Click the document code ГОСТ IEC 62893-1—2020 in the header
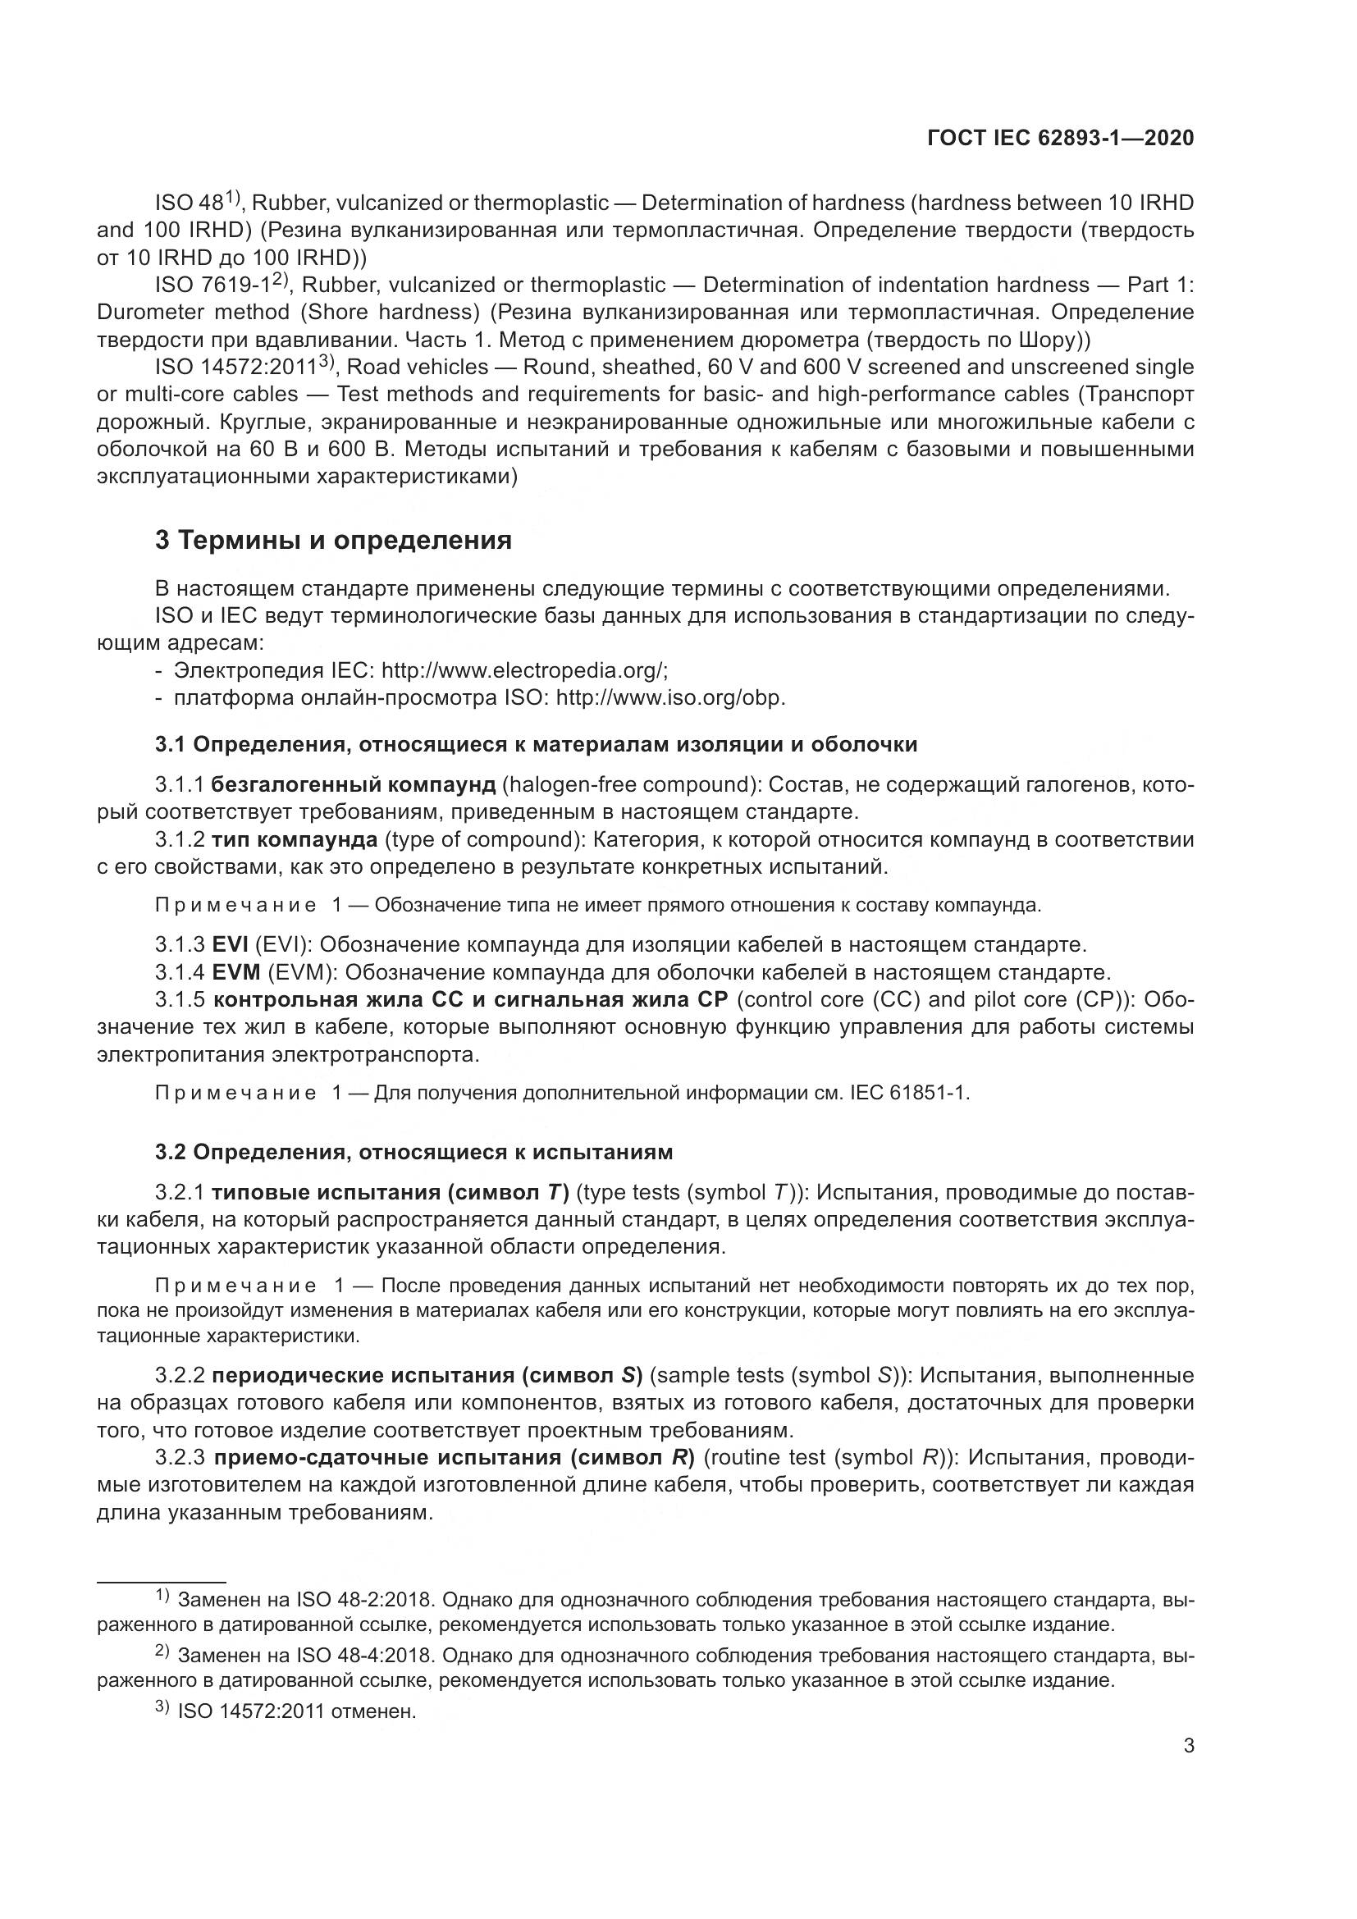[x=1059, y=139]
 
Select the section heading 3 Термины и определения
[x=333, y=541]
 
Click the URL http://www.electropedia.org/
[x=525, y=670]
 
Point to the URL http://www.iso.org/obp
[x=670, y=698]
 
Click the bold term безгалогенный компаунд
[x=354, y=785]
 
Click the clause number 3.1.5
[x=180, y=999]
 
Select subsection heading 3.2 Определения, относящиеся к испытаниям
[x=413, y=1153]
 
